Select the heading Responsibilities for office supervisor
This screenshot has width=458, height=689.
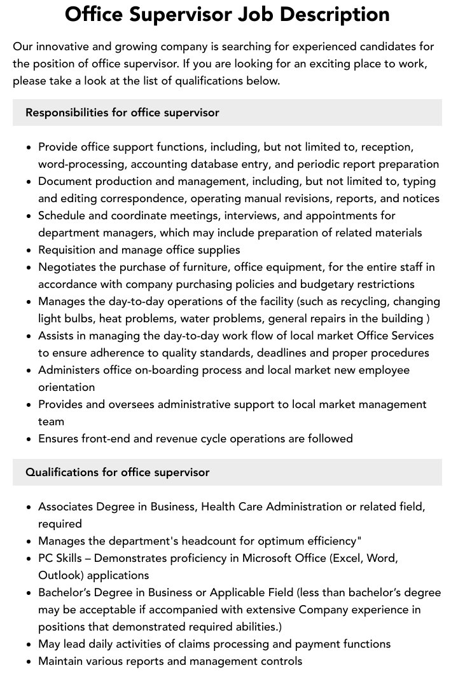point(122,113)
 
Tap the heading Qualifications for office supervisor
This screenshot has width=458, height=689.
point(117,472)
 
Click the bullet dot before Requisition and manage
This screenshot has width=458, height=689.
point(29,250)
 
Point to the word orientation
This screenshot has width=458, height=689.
point(66,387)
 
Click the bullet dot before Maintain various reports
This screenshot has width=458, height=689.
point(29,662)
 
